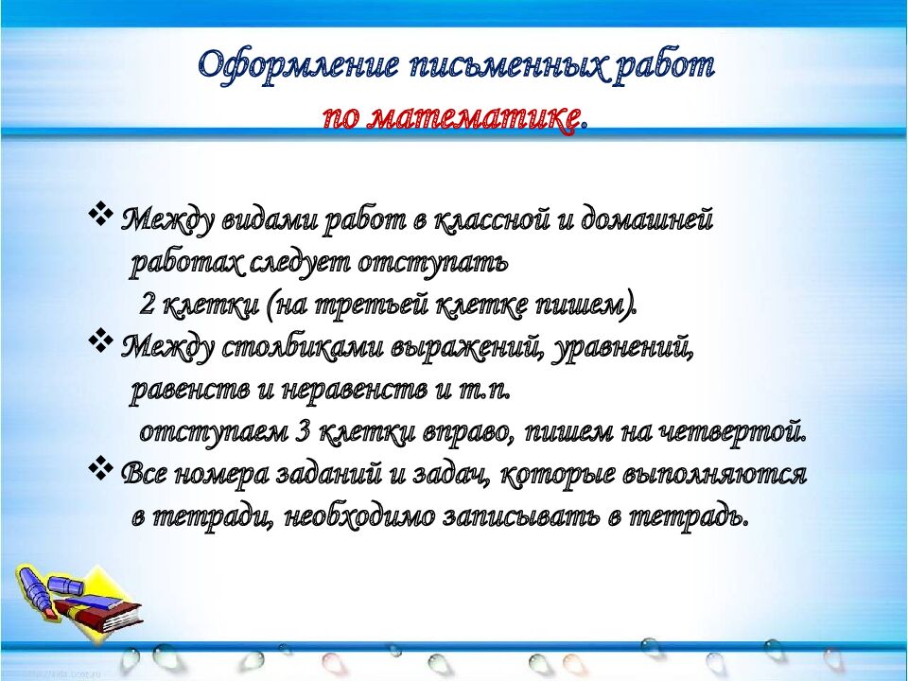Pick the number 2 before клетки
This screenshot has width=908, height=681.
pos(148,305)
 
